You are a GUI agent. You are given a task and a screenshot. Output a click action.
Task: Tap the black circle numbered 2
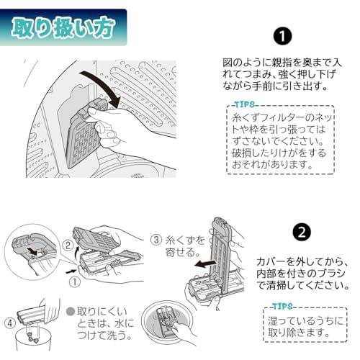(302, 232)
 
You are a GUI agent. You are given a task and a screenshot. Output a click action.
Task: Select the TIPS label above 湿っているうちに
(282, 306)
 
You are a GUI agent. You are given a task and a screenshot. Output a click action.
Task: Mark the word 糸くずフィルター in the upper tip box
(271, 117)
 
